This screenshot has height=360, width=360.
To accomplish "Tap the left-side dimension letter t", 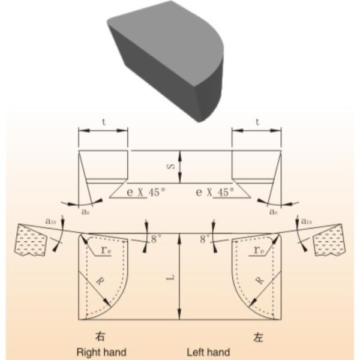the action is click(x=103, y=121).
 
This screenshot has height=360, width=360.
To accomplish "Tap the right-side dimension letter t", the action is click(x=257, y=121).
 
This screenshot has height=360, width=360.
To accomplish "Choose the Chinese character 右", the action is click(x=101, y=335).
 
